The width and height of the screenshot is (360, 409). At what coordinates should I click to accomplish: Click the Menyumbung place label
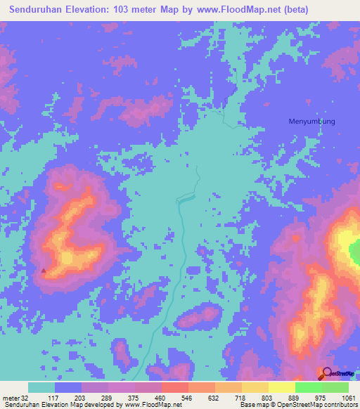click(311, 121)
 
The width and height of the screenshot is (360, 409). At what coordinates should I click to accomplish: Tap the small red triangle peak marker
click(44, 269)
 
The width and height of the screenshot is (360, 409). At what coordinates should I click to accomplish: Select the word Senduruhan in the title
click(34, 9)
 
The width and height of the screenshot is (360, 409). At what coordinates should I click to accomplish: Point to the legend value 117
click(54, 398)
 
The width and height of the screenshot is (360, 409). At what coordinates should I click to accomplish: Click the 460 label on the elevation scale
click(161, 398)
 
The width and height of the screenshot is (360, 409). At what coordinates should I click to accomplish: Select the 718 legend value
click(241, 398)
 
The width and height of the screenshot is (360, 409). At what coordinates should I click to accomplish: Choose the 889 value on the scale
click(295, 398)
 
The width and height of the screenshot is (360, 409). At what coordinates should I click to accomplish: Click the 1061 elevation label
click(347, 398)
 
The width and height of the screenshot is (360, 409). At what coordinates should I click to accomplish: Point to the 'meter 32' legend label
click(15, 398)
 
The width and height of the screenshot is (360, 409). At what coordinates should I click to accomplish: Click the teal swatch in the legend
click(41, 387)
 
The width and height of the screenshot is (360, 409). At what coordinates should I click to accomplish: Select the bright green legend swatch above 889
click(308, 387)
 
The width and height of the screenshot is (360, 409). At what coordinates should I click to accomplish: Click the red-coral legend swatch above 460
click(174, 387)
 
